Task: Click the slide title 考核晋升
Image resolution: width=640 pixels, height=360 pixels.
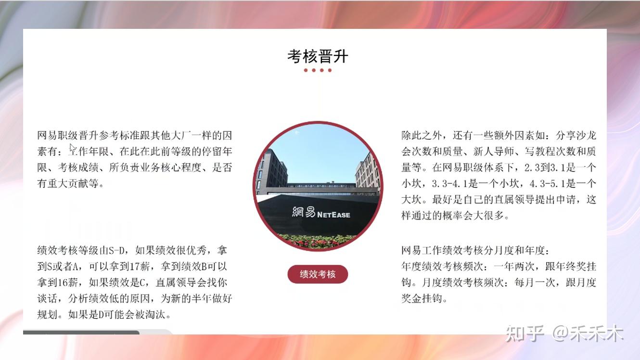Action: tap(318, 56)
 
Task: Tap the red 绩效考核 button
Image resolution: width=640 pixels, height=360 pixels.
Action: tap(318, 274)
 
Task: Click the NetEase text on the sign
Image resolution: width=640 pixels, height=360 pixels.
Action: tap(333, 215)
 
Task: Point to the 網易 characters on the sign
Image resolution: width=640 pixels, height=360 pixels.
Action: tap(304, 212)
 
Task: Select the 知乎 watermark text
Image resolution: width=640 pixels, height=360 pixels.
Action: tap(525, 334)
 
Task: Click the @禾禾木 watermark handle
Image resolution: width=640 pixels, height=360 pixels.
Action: tap(588, 333)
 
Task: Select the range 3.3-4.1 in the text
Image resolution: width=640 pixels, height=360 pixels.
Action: tap(450, 183)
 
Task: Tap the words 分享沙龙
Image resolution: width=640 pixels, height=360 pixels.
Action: tap(576, 135)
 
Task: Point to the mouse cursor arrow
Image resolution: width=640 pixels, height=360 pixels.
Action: tap(72, 149)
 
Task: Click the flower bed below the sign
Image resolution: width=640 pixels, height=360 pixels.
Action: tap(317, 241)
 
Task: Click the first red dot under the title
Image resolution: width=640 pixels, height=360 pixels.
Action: tap(306, 70)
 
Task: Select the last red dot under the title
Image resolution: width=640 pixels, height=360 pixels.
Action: tap(330, 70)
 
